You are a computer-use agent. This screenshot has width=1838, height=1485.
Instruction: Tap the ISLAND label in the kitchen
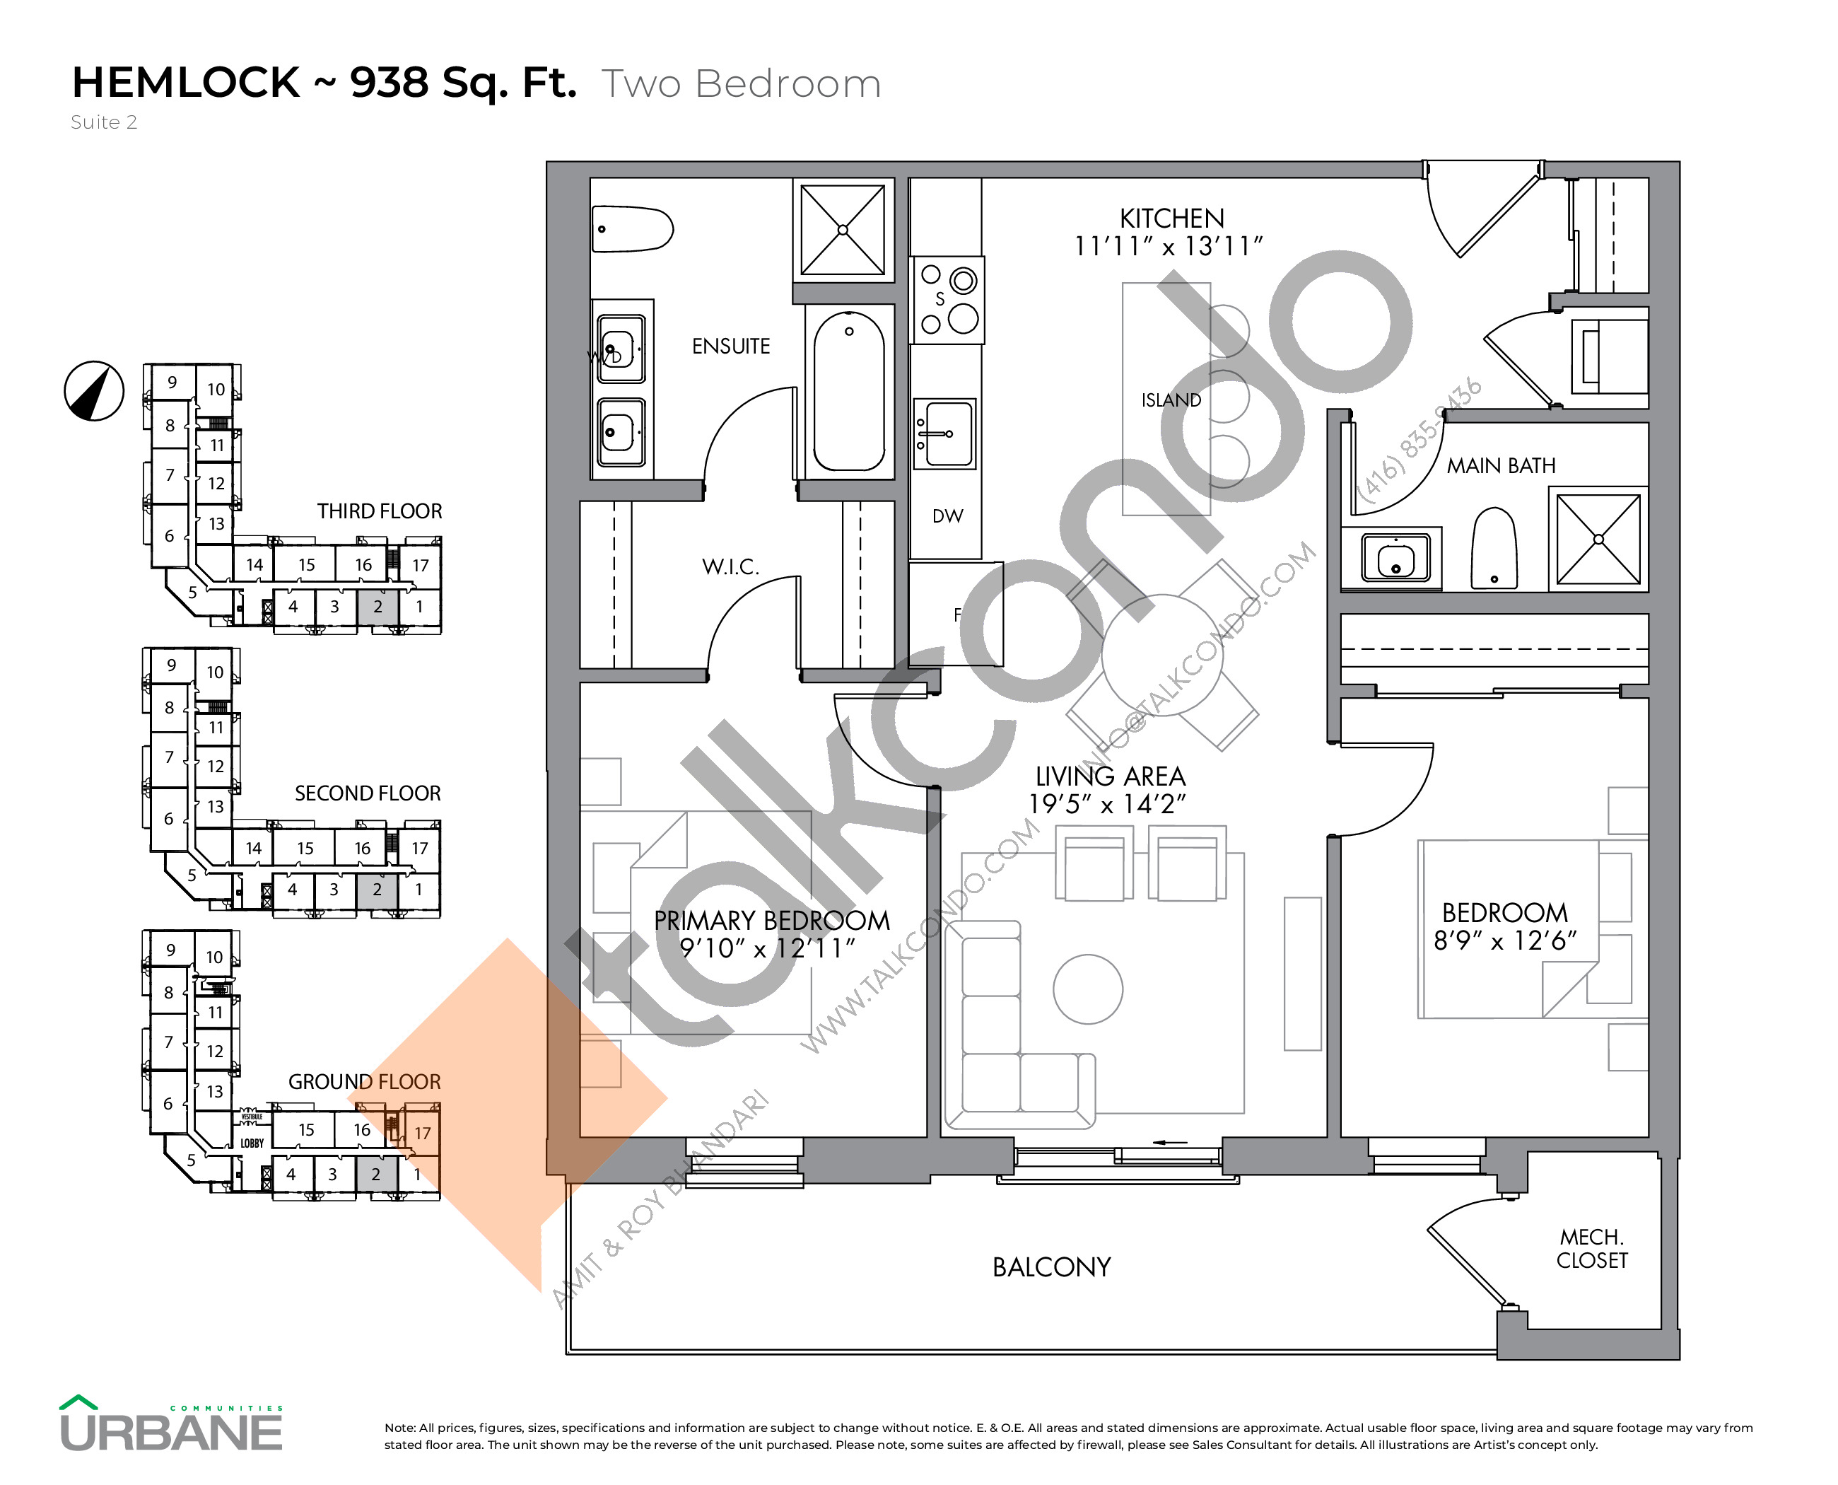[1170, 400]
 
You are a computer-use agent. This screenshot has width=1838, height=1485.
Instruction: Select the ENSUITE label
[730, 346]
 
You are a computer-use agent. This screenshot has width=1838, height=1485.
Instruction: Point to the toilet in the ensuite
[631, 229]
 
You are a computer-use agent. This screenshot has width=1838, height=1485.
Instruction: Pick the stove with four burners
[948, 301]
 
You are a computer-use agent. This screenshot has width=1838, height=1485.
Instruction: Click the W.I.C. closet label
[730, 566]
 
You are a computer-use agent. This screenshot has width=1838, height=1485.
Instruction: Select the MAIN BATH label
[1500, 466]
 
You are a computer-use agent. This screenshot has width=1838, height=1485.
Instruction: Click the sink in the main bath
[1395, 559]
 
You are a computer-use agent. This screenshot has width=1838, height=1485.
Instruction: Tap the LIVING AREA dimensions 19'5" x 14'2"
[1107, 805]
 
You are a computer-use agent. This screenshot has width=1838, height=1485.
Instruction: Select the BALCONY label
[1051, 1267]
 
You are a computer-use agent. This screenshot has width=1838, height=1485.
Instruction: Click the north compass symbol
[94, 391]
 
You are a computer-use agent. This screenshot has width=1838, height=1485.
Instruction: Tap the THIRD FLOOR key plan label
[379, 511]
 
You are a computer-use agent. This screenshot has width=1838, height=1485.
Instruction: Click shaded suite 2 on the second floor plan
[376, 890]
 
